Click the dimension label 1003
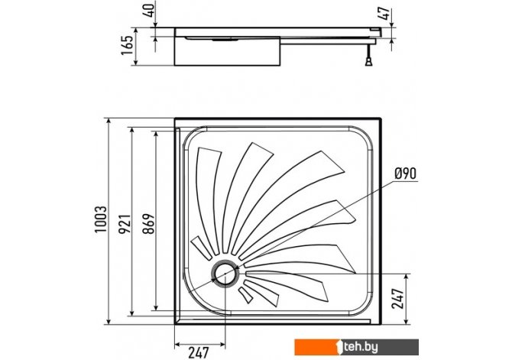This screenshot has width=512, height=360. pyautogui.click(x=101, y=219)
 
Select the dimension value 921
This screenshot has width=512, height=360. pyautogui.click(x=125, y=224)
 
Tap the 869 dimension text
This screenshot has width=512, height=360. pyautogui.click(x=149, y=224)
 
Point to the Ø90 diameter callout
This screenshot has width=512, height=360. pyautogui.click(x=406, y=174)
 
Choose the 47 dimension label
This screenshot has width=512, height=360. pyautogui.click(x=386, y=13)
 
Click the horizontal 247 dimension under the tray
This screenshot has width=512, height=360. pyautogui.click(x=198, y=352)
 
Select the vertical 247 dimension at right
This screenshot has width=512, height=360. pyautogui.click(x=397, y=299)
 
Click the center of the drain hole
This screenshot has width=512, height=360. pyautogui.click(x=225, y=274)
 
